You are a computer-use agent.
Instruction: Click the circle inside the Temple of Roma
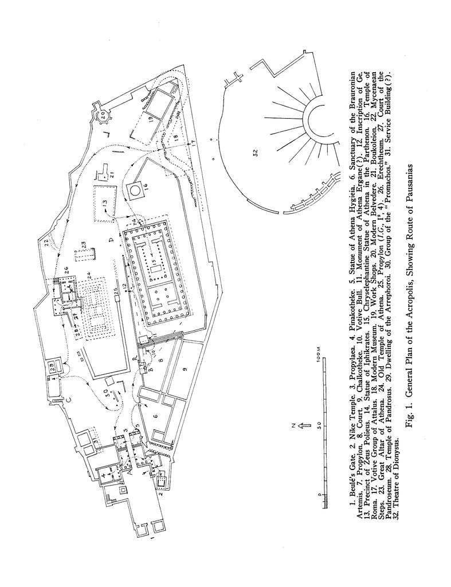tap(136, 188)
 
